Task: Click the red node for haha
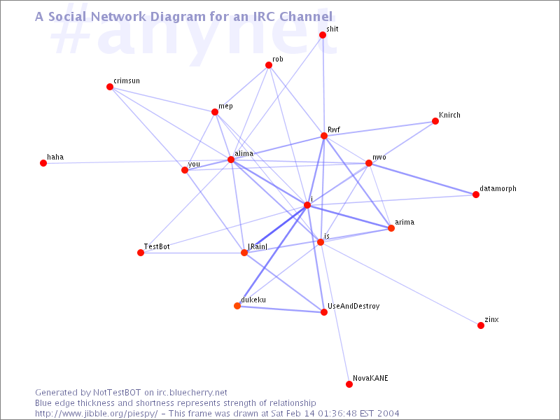43,163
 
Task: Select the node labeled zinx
481,325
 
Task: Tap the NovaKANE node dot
349,384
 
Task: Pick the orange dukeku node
237,306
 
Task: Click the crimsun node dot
110,87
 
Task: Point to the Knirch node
435,121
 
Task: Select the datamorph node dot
476,195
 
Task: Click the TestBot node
141,253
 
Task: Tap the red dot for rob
269,65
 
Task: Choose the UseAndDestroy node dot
324,312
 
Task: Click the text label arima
405,222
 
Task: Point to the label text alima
244,153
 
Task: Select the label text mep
225,106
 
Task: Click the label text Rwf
334,129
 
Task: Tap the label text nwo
379,157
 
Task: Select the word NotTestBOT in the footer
117,393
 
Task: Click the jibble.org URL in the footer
97,414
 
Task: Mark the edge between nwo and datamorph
422,179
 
